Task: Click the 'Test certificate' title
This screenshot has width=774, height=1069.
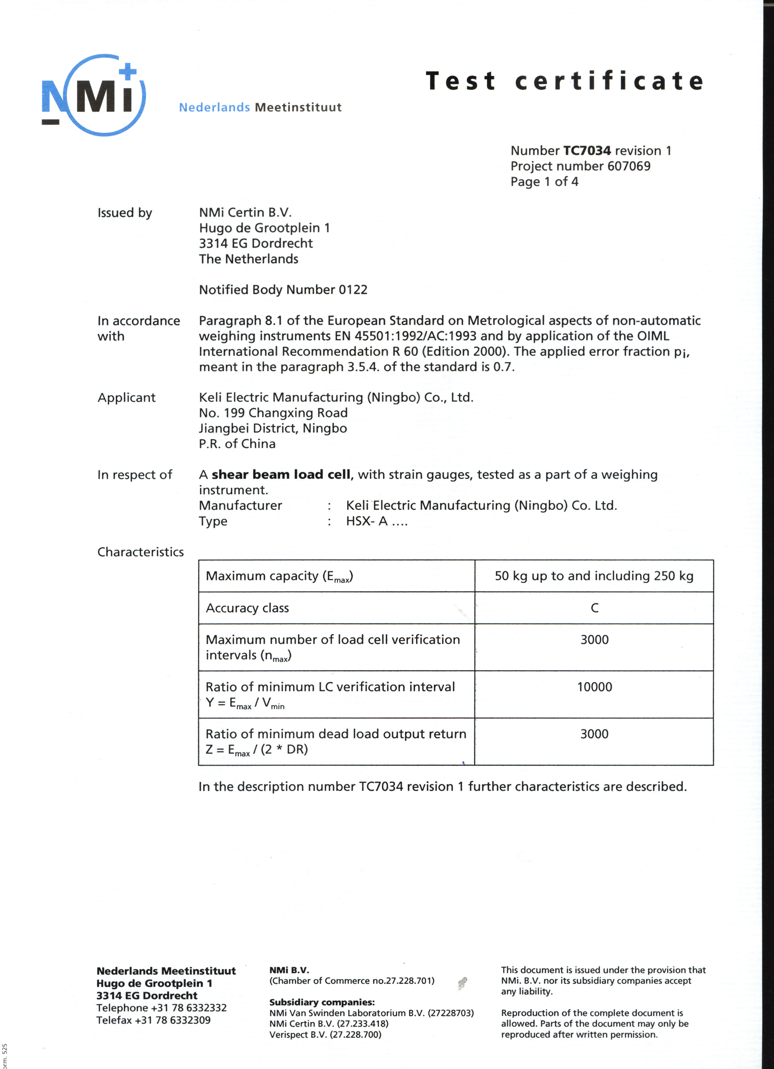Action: pos(564,81)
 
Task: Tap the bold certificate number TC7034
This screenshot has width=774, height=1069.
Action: pos(587,151)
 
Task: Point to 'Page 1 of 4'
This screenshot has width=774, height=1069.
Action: pos(544,182)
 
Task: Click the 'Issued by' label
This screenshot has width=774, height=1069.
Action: pos(124,213)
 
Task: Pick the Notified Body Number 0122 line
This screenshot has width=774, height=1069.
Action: pos(283,290)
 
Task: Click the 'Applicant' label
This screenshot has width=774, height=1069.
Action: pos(126,398)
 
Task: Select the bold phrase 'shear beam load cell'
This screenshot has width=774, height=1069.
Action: pos(281,475)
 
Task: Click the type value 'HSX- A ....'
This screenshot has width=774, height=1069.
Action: pos(376,521)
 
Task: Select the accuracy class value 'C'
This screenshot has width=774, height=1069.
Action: pos(594,608)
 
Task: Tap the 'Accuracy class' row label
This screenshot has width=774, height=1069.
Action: pos(247,608)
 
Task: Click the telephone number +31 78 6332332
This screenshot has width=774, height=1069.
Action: pos(189,1008)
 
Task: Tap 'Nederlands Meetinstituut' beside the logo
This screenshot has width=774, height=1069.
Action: pos(260,108)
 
